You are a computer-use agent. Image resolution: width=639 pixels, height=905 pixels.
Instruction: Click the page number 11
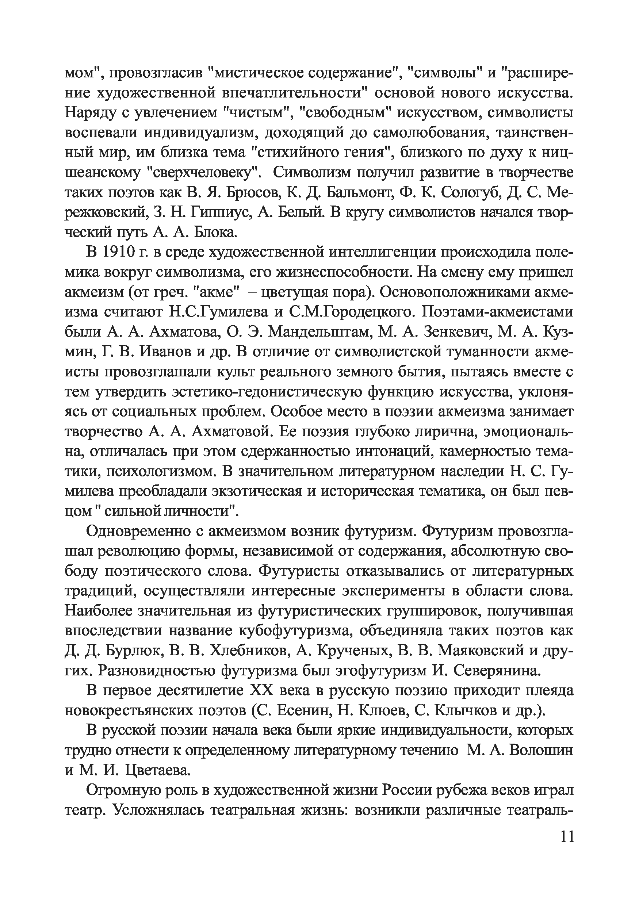566,847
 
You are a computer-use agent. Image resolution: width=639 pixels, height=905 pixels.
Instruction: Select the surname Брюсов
252,193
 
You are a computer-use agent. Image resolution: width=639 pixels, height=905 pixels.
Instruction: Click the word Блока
216,233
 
